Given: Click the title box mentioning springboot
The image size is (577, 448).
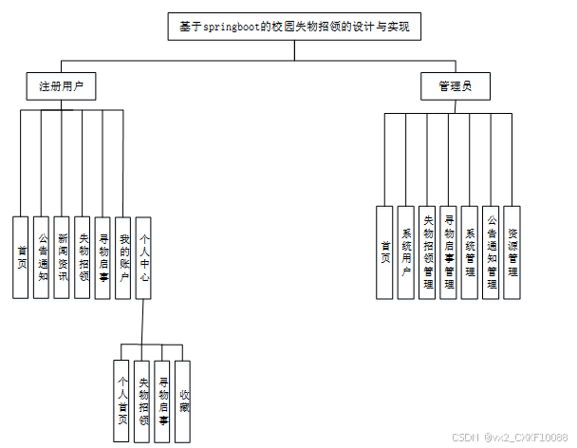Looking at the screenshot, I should [x=293, y=28].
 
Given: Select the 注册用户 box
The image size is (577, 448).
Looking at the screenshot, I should [x=62, y=86].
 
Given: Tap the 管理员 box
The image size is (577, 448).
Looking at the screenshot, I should [x=455, y=86].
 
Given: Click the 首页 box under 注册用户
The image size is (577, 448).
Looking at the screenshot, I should [x=21, y=256].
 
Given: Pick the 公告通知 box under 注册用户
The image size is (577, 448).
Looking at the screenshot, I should [x=41, y=256].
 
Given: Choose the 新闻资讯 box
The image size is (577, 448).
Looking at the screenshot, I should [x=62, y=256].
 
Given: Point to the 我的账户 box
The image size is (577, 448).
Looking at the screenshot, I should [x=123, y=256].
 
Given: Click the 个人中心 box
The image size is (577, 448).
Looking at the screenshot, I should [x=144, y=256].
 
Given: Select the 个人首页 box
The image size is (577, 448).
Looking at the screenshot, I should [x=121, y=400].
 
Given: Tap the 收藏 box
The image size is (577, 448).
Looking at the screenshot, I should [x=183, y=400].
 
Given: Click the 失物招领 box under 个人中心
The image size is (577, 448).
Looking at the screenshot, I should [x=142, y=400].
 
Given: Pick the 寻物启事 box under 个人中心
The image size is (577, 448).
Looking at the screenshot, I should [x=163, y=400].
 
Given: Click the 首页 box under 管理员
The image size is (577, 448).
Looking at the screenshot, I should [x=384, y=252].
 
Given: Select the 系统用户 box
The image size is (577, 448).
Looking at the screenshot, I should [x=406, y=252].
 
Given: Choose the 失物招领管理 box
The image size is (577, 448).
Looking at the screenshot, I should [x=427, y=252].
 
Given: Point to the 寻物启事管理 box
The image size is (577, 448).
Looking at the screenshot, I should [x=449, y=252].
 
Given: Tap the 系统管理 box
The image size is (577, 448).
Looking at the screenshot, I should [x=470, y=252].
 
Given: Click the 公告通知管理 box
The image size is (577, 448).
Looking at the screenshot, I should [x=491, y=252].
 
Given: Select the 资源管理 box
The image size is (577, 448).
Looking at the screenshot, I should [x=512, y=252].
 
